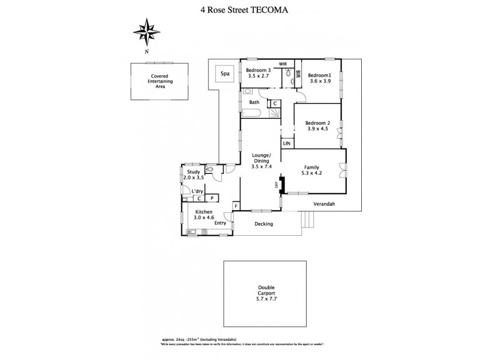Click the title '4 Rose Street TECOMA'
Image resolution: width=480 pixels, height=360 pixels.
(239, 10)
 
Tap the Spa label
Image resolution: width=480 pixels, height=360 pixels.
(225, 74)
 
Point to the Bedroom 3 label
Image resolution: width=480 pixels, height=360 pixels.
(259, 71)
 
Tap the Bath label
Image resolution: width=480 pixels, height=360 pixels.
(254, 103)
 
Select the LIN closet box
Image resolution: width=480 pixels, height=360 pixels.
(287, 143)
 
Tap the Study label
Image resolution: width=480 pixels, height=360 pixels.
(193, 172)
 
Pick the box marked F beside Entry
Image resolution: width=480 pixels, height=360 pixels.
(236, 206)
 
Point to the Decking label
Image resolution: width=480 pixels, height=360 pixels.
(263, 224)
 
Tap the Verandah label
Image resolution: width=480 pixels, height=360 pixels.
(323, 204)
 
